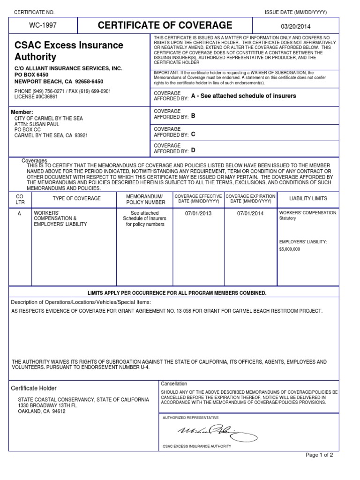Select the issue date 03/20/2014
(x=295, y=27)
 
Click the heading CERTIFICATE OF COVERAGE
(x=165, y=25)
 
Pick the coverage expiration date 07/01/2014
(x=251, y=213)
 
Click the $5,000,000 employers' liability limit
(x=290, y=249)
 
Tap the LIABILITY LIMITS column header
(x=308, y=199)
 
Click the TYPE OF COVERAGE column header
(x=76, y=199)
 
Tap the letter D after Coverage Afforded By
(x=193, y=150)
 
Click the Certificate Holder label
(x=34, y=388)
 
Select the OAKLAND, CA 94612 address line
(x=41, y=412)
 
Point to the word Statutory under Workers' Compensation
(x=288, y=218)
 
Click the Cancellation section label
(x=173, y=383)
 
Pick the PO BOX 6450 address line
(x=31, y=75)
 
